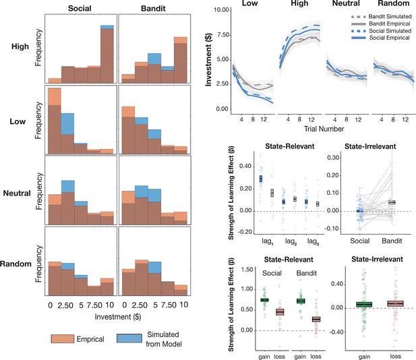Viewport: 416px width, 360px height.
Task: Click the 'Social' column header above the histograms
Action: [x=80, y=8]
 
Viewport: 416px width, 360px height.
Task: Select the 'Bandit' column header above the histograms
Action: [x=153, y=8]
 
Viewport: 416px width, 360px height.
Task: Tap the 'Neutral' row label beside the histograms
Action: [x=17, y=193]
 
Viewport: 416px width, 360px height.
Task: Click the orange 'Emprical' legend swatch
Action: [x=63, y=339]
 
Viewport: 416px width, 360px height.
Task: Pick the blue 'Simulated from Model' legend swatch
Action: [x=129, y=338]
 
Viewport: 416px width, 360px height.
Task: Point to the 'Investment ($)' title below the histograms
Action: [x=118, y=317]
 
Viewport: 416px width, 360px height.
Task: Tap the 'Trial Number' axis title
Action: [x=324, y=129]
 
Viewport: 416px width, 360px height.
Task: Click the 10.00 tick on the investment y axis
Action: [x=221, y=10]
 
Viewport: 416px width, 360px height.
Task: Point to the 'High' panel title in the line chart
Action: [x=299, y=3]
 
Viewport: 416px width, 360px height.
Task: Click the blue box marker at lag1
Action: [x=261, y=179]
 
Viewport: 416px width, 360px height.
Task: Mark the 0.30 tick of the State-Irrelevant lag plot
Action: [x=333, y=158]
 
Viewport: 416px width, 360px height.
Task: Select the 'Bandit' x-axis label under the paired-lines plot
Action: [x=392, y=241]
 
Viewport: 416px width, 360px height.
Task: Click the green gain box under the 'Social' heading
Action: [x=264, y=300]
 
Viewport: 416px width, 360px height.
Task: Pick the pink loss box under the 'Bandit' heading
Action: [x=316, y=319]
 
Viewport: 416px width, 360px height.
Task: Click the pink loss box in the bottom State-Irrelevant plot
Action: [x=395, y=303]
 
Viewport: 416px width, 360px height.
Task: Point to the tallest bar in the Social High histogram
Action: [x=107, y=54]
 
